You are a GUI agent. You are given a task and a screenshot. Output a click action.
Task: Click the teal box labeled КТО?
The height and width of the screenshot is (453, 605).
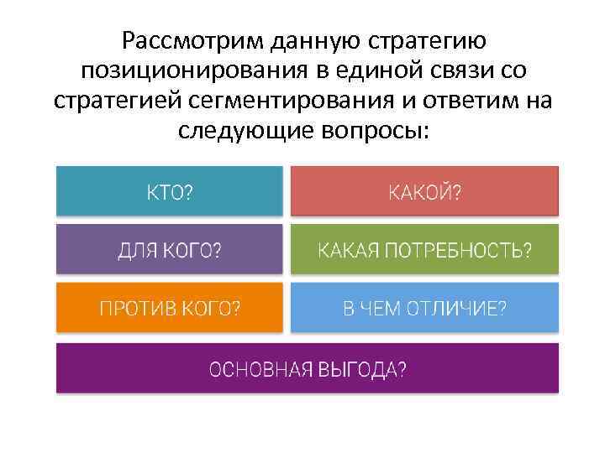pyautogui.click(x=169, y=191)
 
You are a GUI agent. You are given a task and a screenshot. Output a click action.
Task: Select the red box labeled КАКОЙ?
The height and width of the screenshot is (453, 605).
pyautogui.click(x=424, y=191)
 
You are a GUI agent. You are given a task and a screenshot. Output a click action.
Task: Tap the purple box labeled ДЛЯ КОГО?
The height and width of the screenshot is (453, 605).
pyautogui.click(x=169, y=249)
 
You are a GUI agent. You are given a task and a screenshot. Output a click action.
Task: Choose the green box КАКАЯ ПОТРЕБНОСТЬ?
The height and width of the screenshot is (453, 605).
pyautogui.click(x=424, y=249)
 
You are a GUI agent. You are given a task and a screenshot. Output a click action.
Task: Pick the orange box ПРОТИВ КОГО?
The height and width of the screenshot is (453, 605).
pyautogui.click(x=169, y=307)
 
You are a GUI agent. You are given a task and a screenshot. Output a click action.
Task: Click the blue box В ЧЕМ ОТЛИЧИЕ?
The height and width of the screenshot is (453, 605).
pyautogui.click(x=424, y=307)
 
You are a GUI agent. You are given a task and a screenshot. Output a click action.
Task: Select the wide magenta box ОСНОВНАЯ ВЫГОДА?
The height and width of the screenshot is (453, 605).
pyautogui.click(x=307, y=368)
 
